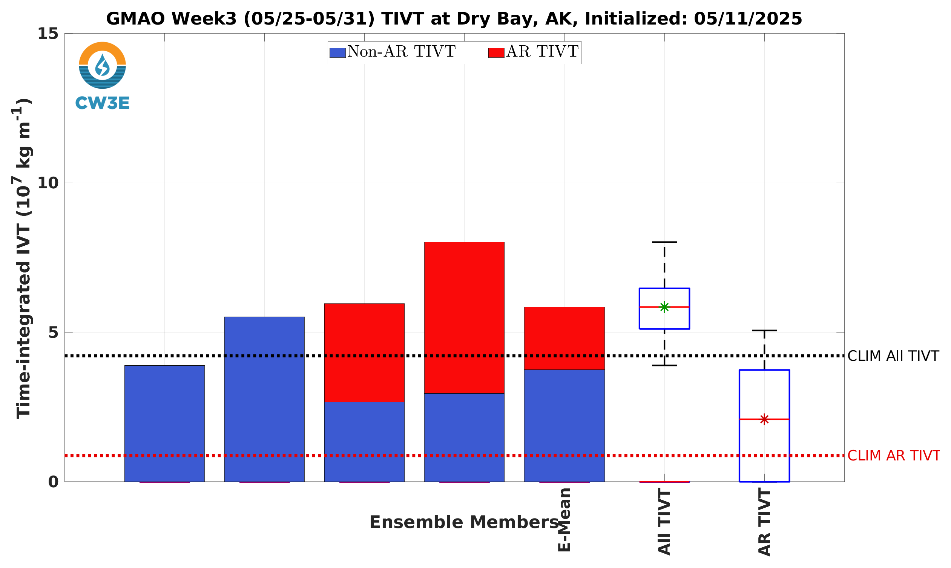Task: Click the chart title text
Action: (x=454, y=18)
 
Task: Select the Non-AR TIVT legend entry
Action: (x=393, y=52)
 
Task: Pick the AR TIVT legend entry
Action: (x=534, y=52)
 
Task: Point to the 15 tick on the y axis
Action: (x=48, y=34)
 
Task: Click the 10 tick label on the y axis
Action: (x=48, y=183)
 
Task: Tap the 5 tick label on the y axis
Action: (x=54, y=332)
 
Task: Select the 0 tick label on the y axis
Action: (x=54, y=482)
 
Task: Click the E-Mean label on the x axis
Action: (x=564, y=520)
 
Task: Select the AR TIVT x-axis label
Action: (x=764, y=522)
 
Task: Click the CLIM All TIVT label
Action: (x=893, y=356)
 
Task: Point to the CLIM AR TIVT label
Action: (x=894, y=456)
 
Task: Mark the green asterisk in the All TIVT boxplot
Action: (x=664, y=307)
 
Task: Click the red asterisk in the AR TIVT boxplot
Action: (x=764, y=420)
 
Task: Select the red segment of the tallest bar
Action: (x=464, y=318)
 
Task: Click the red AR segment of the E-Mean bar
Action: (x=564, y=339)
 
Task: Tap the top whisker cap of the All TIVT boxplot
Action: (x=664, y=242)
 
